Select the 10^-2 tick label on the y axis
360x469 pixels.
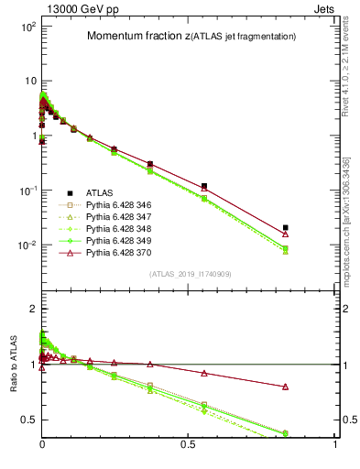coord(26,245)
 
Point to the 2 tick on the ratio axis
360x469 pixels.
coord(33,309)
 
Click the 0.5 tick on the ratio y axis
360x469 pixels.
coord(27,420)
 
